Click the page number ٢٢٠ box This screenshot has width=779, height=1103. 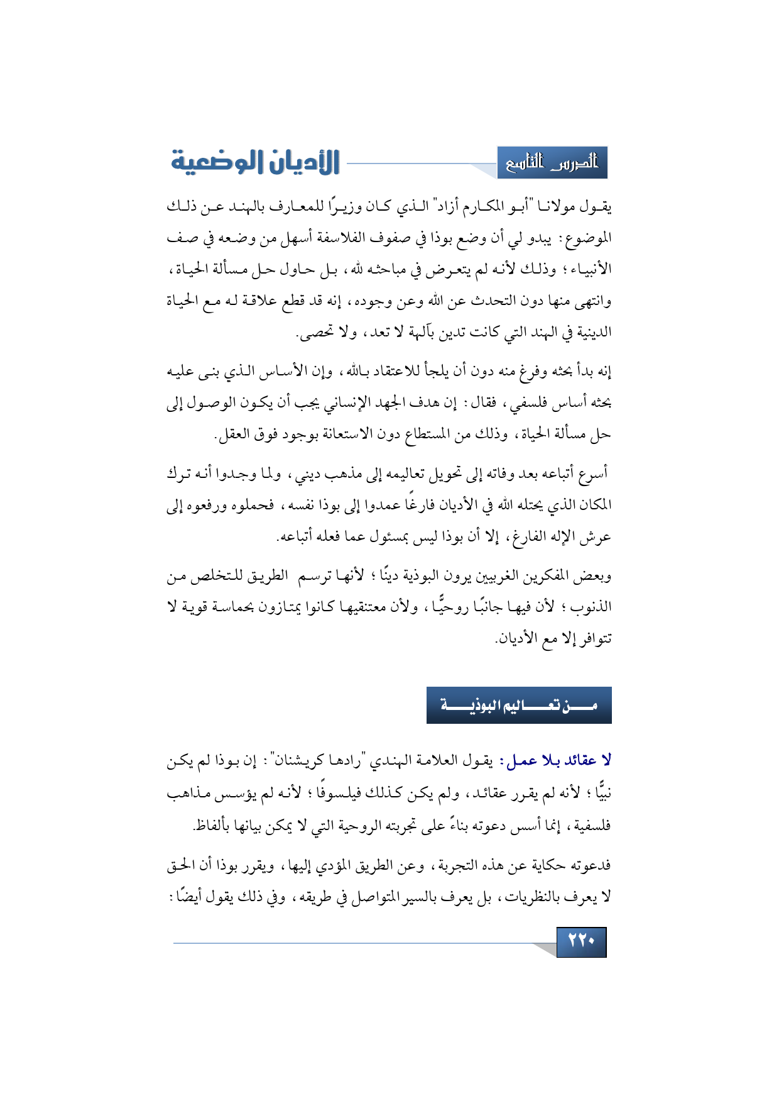point(581,941)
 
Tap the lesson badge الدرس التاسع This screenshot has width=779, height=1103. point(552,163)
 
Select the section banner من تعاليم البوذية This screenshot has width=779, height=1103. point(519,705)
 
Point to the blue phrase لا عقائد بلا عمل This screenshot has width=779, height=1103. point(555,761)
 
